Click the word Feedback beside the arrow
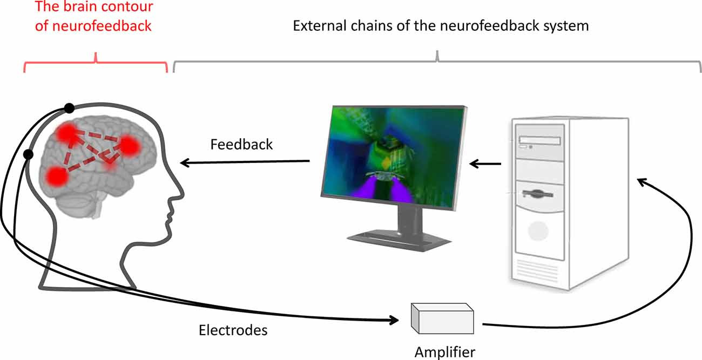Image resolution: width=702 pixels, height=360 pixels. pos(241,145)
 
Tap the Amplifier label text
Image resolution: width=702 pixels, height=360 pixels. pos(445,352)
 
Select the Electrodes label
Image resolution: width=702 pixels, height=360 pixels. pos(233,330)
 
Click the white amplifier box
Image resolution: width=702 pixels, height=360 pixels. pos(442,319)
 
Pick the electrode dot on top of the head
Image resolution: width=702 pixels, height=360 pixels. pos(69,108)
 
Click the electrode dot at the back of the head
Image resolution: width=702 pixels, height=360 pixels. pos(29,155)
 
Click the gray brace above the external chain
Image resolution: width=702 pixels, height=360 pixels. pos(437,61)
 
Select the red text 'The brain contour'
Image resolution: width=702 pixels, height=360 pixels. pos(93,7)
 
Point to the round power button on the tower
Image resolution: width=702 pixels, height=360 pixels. pos(537,231)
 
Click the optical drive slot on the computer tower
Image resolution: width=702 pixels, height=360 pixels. pos(539,141)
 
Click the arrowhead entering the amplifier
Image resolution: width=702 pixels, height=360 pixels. pos(397,320)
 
